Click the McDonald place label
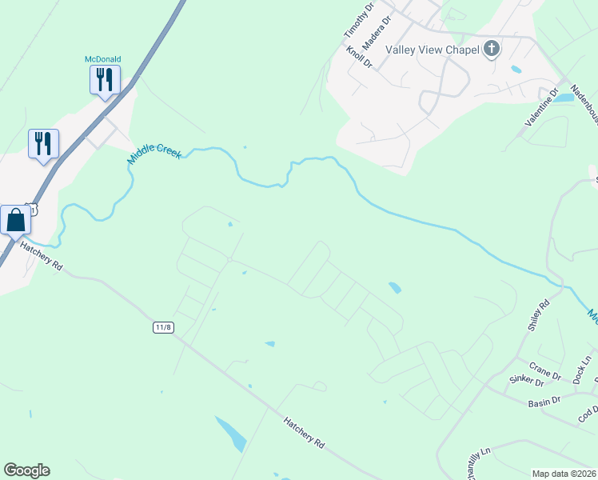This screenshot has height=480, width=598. click(103, 58)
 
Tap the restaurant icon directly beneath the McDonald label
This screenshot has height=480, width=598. click(105, 80)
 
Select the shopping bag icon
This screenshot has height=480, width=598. click(16, 221)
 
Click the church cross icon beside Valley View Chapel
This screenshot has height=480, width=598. click(491, 50)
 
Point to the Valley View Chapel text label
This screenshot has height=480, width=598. click(432, 50)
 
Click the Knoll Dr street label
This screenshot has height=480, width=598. click(360, 58)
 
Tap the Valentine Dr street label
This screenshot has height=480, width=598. click(541, 107)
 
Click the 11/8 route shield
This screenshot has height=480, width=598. click(163, 328)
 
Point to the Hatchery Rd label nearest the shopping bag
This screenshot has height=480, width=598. click(42, 256)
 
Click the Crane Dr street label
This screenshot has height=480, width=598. click(545, 373)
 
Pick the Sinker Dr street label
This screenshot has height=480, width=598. click(528, 386)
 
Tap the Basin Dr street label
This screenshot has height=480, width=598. click(544, 402)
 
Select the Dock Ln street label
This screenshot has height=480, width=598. click(581, 371)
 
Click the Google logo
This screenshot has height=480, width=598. click(26, 470)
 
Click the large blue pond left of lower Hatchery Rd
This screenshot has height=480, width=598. click(231, 434)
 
